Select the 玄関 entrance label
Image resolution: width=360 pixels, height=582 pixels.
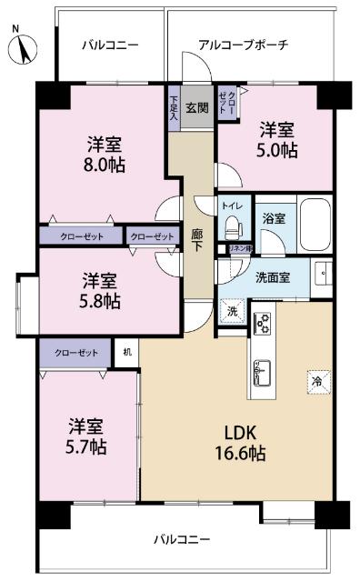(x=196, y=107)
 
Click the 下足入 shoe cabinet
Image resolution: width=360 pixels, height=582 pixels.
(x=173, y=107)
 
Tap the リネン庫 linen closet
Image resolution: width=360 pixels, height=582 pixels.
(x=238, y=248)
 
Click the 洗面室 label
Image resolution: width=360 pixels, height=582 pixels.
(x=272, y=277)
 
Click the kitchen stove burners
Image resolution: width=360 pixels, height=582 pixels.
(x=262, y=322)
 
